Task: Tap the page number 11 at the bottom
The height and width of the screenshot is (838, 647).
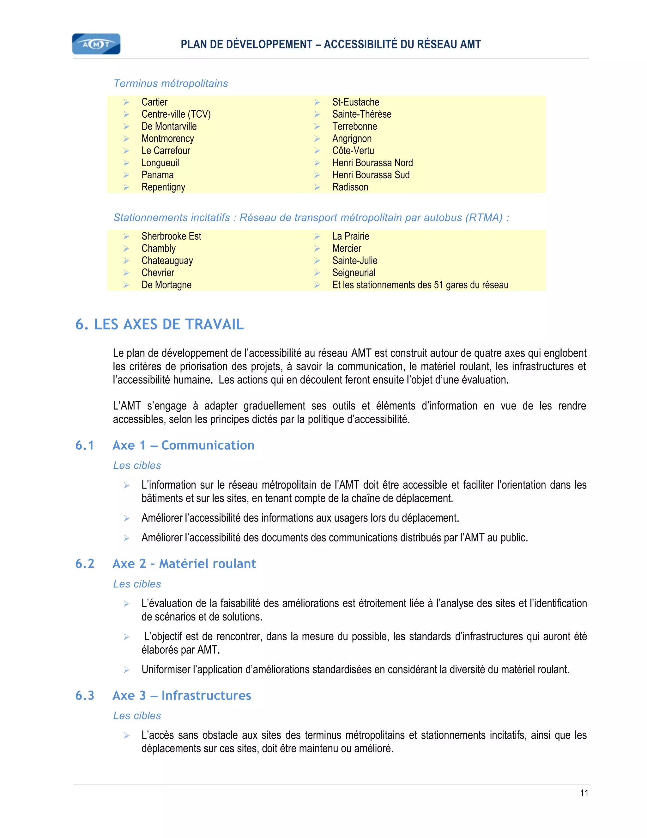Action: [584, 793]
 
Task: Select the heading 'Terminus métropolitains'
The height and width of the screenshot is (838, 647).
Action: [171, 83]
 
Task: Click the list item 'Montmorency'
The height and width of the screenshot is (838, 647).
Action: [167, 139]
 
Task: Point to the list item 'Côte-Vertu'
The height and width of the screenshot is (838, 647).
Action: [353, 151]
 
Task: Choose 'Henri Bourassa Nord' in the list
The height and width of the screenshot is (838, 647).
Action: [372, 163]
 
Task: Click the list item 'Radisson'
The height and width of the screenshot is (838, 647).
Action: [350, 187]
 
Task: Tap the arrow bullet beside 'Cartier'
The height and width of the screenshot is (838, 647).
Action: [126, 102]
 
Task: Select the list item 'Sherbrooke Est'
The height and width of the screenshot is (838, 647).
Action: [171, 236]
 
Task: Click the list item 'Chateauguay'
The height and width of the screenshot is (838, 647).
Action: [167, 261]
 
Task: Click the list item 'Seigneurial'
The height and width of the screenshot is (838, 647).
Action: [354, 273]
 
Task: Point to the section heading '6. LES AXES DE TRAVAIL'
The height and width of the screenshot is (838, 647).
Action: [160, 324]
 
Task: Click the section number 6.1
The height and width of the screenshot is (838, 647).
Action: [85, 445]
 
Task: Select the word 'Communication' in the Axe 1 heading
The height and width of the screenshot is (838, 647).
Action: [208, 445]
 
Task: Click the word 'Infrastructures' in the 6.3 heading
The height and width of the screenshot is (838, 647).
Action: [206, 695]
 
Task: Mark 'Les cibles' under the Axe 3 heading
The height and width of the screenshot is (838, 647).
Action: [137, 716]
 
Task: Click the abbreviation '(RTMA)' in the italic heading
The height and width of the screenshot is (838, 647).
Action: [484, 218]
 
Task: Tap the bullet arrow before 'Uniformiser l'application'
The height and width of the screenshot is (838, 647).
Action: [126, 670]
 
